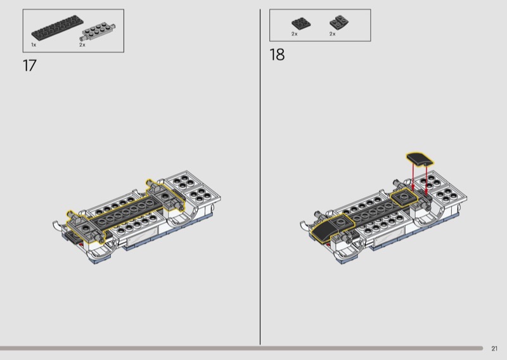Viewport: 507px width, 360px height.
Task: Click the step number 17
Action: pyautogui.click(x=29, y=66)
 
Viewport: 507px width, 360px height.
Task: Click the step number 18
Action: pyautogui.click(x=277, y=55)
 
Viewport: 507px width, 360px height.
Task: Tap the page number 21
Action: pyautogui.click(x=494, y=349)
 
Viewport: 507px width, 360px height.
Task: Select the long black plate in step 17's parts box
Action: pyautogui.click(x=57, y=29)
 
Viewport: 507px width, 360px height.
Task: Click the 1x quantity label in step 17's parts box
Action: pyautogui.click(x=34, y=44)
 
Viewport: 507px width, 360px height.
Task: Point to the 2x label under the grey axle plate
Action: pyautogui.click(x=82, y=44)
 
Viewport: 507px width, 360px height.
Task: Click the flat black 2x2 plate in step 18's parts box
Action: pyautogui.click(x=301, y=23)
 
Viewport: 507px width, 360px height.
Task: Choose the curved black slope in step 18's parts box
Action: pyautogui.click(x=339, y=22)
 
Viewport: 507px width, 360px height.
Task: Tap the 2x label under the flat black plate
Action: pyautogui.click(x=294, y=34)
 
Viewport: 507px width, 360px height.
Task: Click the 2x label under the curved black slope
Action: pyautogui.click(x=332, y=34)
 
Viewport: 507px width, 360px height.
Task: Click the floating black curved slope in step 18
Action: pyautogui.click(x=420, y=159)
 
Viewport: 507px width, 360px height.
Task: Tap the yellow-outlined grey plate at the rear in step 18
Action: pyautogui.click(x=404, y=196)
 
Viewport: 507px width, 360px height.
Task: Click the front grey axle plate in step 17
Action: pyautogui.click(x=86, y=228)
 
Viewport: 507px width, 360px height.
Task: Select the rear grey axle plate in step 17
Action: pyautogui.click(x=165, y=196)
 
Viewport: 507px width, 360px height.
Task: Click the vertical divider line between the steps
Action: pyautogui.click(x=260, y=177)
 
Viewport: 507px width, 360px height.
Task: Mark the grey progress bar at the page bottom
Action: pyautogui.click(x=241, y=349)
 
